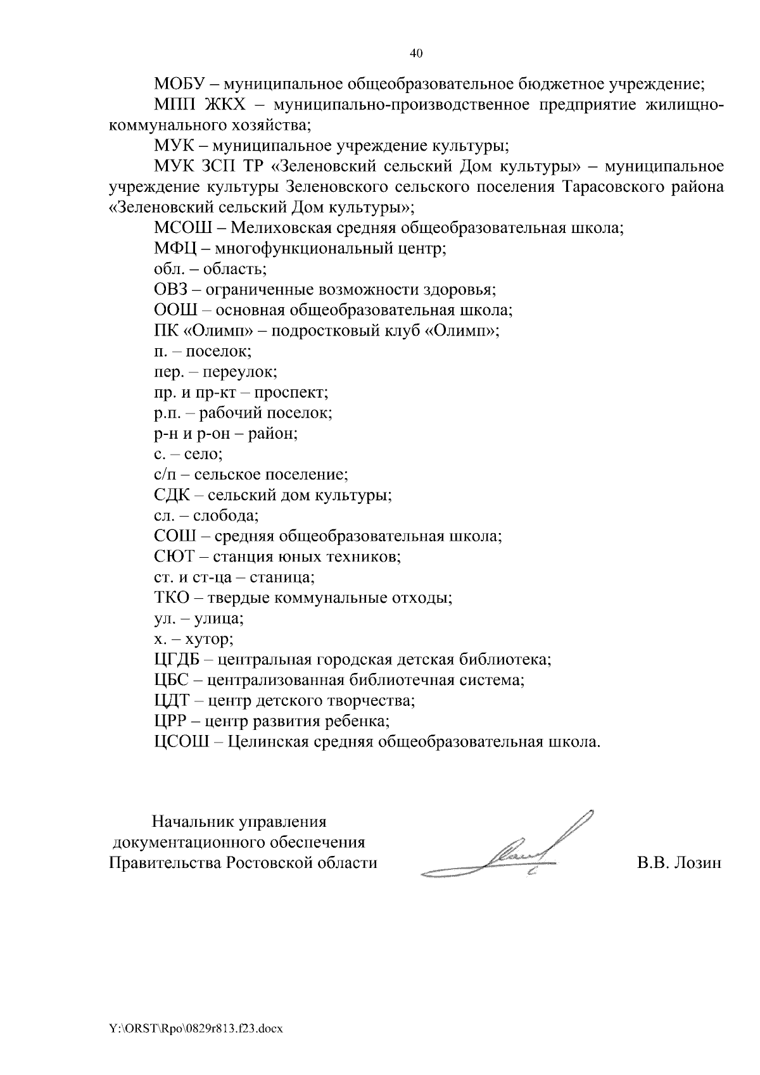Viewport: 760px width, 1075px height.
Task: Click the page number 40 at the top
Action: tap(416, 54)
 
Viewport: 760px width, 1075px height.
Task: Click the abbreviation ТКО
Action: tap(172, 598)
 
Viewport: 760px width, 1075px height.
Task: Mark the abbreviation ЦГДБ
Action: tap(177, 660)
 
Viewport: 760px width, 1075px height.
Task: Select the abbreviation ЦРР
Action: tap(171, 721)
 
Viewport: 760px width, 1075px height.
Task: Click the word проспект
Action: tap(296, 393)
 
